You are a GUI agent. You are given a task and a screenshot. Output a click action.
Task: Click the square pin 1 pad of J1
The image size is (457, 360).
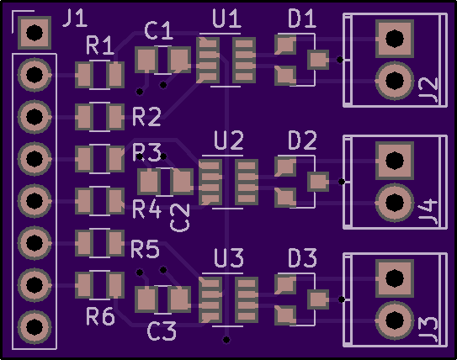coord(35,33)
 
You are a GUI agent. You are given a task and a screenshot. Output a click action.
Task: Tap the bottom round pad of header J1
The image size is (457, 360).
coord(35,327)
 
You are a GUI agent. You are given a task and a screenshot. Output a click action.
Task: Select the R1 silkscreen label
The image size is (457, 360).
coord(100,45)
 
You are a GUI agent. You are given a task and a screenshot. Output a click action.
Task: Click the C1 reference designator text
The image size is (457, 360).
coord(158,31)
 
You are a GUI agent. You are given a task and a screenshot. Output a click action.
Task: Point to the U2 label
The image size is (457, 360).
coord(229,140)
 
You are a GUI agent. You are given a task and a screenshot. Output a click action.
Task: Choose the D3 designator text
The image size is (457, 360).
coord(302,258)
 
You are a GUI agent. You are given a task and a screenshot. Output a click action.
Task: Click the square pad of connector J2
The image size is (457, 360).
coord(395,39)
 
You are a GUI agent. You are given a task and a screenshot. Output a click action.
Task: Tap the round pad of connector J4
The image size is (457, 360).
coord(395,203)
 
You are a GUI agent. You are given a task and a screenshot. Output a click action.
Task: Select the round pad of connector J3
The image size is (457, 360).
coord(395,320)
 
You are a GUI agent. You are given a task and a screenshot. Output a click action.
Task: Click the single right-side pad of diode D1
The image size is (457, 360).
coord(318,60)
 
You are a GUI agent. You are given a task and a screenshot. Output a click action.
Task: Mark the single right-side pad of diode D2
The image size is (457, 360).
coord(318,182)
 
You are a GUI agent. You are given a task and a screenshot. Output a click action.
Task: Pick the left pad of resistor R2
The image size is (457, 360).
coord(84,117)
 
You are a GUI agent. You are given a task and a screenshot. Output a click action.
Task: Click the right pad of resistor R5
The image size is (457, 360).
coord(115,243)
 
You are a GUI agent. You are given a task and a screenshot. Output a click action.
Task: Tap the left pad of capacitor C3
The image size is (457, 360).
coord(146,299)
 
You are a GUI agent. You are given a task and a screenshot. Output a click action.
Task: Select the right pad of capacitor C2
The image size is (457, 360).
coord(182,182)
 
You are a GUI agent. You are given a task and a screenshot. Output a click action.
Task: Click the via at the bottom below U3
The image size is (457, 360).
coord(226,340)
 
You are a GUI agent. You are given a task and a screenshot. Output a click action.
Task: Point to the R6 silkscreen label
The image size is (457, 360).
coord(100,316)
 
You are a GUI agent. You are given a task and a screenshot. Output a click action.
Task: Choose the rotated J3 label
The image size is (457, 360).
coord(428,329)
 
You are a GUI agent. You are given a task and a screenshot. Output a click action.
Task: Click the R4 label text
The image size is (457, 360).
coord(147,209)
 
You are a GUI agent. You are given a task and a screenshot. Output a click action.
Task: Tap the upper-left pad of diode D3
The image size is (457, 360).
coord(285,283)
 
